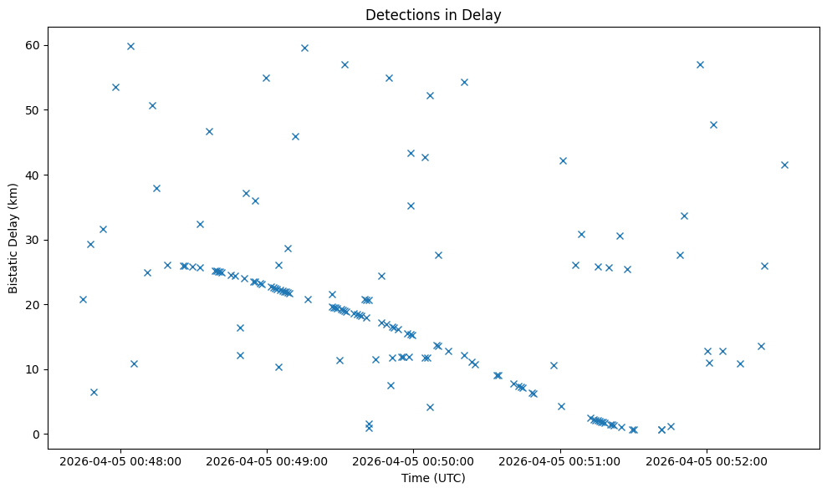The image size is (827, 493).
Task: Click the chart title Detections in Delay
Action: pyautogui.click(x=433, y=14)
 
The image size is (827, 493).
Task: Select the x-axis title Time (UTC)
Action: pyautogui.click(x=433, y=478)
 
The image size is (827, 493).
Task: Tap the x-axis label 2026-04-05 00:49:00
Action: pyautogui.click(x=266, y=460)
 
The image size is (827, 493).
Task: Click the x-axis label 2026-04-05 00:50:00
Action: pyautogui.click(x=413, y=460)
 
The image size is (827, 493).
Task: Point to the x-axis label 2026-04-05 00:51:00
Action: pyautogui.click(x=559, y=460)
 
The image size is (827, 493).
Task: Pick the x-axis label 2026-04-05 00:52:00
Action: pyautogui.click(x=706, y=460)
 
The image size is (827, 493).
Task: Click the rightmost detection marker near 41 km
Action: pyautogui.click(x=784, y=165)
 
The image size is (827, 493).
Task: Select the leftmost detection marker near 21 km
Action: pyautogui.click(x=83, y=299)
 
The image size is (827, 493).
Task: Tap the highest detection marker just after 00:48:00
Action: pyautogui.click(x=130, y=46)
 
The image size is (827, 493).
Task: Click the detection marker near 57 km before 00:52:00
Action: pyautogui.click(x=700, y=64)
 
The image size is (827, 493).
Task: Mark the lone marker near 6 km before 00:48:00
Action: pyautogui.click(x=94, y=392)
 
